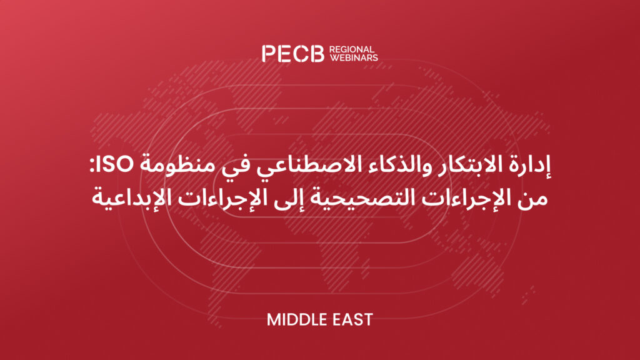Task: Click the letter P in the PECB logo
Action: (269, 54)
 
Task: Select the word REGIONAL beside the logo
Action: (352, 49)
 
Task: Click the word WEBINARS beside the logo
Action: (354, 57)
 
